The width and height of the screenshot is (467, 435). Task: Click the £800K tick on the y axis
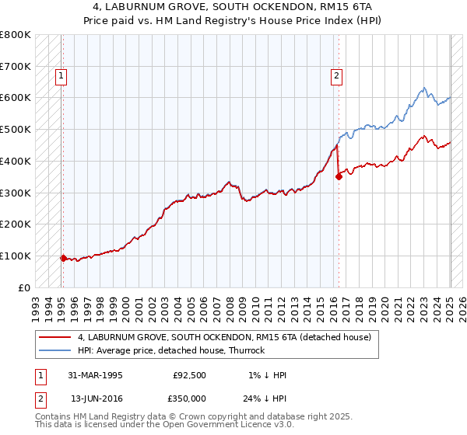click(x=16, y=35)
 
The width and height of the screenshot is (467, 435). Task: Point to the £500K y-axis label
click(x=16, y=130)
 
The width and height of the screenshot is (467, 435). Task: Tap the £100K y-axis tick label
click(x=16, y=256)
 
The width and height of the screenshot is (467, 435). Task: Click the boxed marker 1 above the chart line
click(x=61, y=76)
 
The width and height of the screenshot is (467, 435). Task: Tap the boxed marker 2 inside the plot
click(x=335, y=76)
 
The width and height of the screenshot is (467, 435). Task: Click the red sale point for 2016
click(x=339, y=177)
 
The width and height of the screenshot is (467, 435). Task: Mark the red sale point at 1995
click(x=63, y=258)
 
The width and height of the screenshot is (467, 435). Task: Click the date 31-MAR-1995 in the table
click(x=95, y=375)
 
